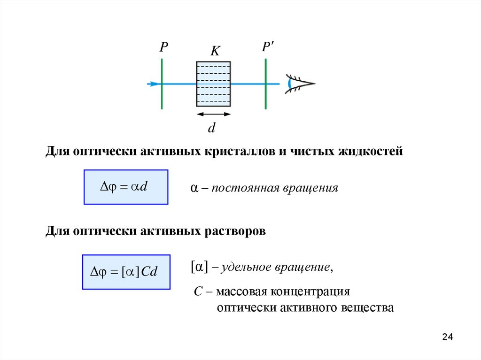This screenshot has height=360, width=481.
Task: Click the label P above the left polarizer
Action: coord(163,47)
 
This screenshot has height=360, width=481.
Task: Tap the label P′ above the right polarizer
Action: coord(269,47)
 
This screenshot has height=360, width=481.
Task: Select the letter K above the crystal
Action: coord(215,51)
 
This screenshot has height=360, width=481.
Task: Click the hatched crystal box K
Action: coord(213,84)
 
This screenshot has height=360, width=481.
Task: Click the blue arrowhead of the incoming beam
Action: coord(153,84)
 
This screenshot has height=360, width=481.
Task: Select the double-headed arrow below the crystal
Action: coord(213,114)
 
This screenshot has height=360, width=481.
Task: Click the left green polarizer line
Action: coord(162,84)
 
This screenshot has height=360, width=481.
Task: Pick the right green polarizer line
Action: coord(266,84)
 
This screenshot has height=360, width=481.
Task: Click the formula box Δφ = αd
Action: coord(126,187)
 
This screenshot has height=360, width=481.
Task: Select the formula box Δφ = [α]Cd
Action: coord(126,272)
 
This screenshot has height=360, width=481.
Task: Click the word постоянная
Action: coord(245,189)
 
